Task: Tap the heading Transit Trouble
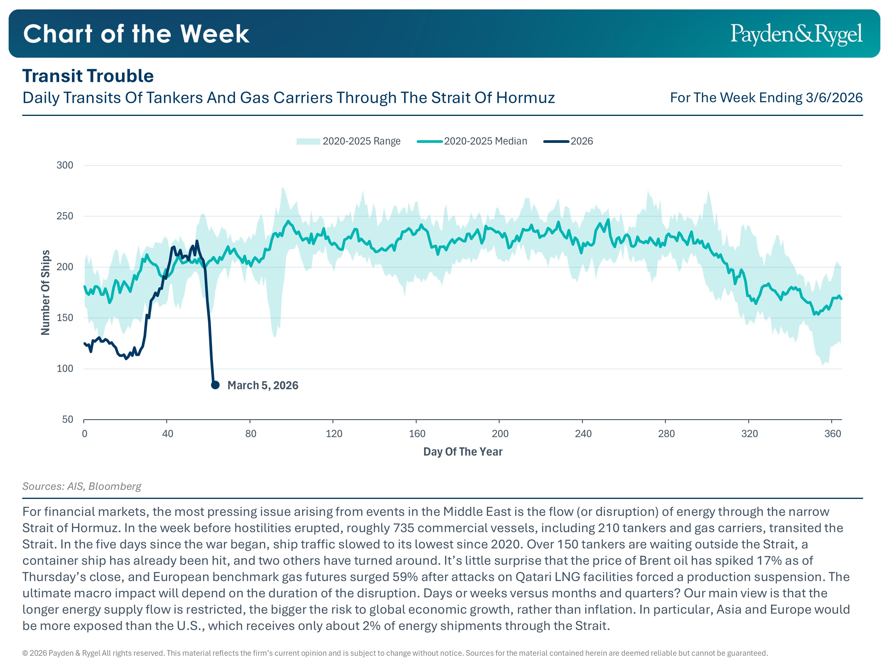[88, 76]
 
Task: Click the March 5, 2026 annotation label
[263, 386]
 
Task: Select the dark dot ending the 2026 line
[215, 385]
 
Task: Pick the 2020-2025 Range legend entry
[348, 141]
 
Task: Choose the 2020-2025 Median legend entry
[472, 141]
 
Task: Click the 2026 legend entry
[568, 141]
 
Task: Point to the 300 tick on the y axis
[65, 165]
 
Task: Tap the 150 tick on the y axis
[65, 317]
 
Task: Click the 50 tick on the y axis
[68, 419]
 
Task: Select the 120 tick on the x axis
[334, 434]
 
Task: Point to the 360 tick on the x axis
[832, 434]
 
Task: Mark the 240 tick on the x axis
[583, 434]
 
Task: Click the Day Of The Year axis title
[463, 452]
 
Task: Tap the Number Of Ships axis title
[45, 292]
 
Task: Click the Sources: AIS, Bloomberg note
[81, 486]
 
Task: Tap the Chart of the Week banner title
[136, 34]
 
